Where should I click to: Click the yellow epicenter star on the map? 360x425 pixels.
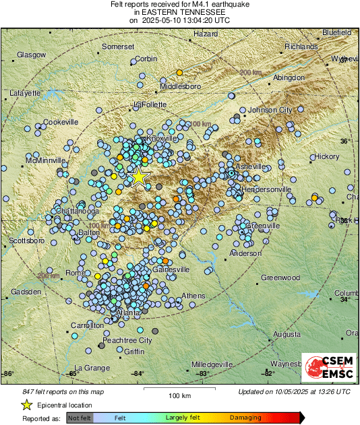138,176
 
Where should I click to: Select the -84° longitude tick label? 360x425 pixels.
138,372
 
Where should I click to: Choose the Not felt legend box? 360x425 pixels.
80,418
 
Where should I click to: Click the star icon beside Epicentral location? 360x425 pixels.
26,405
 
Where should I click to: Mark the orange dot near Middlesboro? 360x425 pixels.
179,73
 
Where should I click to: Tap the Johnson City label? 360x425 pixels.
270,110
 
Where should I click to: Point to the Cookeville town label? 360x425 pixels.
61,122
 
